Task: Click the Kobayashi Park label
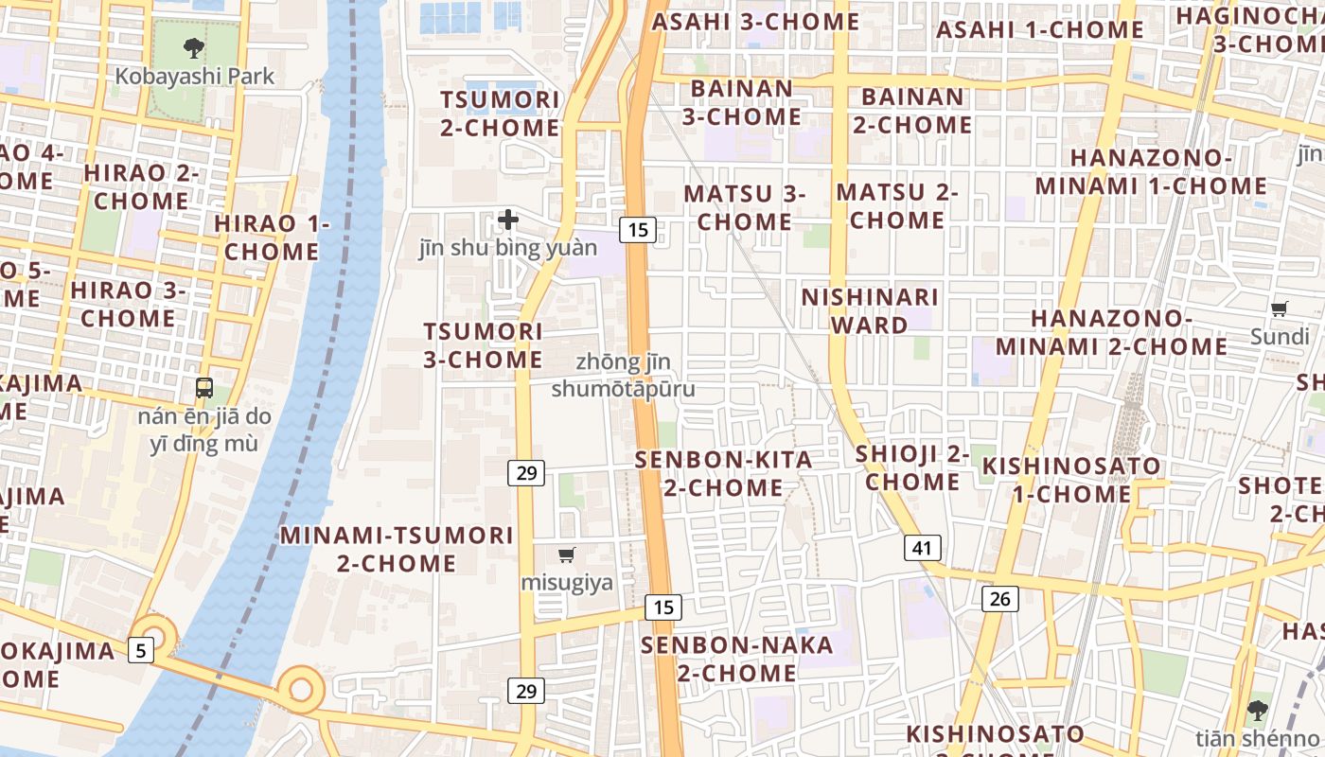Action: [x=195, y=76]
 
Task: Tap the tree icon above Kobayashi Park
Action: [x=194, y=46]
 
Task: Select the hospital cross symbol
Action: [x=508, y=220]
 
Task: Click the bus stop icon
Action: [x=204, y=387]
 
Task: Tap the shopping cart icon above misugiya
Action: [x=567, y=555]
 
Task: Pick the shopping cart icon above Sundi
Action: [x=1280, y=308]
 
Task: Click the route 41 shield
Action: [x=923, y=547]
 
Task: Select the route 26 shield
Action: [x=1000, y=598]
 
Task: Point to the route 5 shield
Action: [x=141, y=650]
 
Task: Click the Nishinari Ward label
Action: [x=870, y=310]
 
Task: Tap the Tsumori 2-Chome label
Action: [x=501, y=114]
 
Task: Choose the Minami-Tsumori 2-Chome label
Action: [x=397, y=549]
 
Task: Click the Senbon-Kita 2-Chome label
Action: [x=723, y=473]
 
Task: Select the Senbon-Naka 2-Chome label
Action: [x=736, y=659]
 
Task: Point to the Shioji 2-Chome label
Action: [x=912, y=467]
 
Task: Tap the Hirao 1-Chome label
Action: [x=272, y=238]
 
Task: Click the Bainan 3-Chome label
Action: [x=742, y=102]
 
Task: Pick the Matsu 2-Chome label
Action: [x=896, y=206]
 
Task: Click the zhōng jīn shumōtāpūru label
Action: [x=623, y=376]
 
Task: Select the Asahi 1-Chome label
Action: [x=1040, y=29]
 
